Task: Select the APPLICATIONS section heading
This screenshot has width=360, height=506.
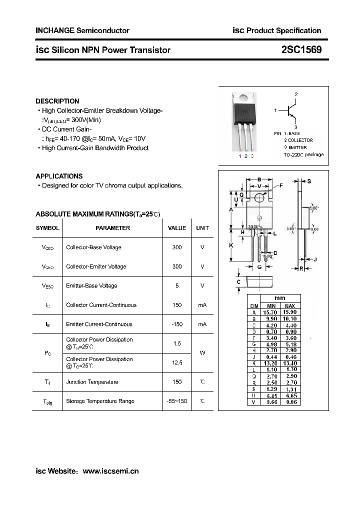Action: pyautogui.click(x=59, y=176)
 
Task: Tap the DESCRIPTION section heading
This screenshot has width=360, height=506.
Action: pyautogui.click(x=57, y=101)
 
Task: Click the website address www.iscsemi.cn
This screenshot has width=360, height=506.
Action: pyautogui.click(x=110, y=470)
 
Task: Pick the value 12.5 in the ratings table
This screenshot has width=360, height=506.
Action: pyautogui.click(x=176, y=362)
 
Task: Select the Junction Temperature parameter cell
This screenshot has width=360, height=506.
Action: pyautogui.click(x=92, y=382)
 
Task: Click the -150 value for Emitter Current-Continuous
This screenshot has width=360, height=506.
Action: pyautogui.click(x=176, y=324)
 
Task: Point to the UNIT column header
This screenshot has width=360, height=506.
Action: pyautogui.click(x=202, y=228)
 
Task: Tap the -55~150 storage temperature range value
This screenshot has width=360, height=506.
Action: pyautogui.click(x=176, y=401)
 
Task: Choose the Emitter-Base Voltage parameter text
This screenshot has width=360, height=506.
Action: pyautogui.click(x=91, y=285)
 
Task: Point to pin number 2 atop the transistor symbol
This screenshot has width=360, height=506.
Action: pyautogui.click(x=296, y=94)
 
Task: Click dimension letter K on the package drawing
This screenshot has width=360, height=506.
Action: pyautogui.click(x=231, y=245)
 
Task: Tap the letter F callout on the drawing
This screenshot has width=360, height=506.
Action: pyautogui.click(x=281, y=185)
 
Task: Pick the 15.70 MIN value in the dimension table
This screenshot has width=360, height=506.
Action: pyautogui.click(x=271, y=312)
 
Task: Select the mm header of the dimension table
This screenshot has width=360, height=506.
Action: pyautogui.click(x=280, y=298)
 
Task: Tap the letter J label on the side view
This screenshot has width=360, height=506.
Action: pyautogui.click(x=315, y=259)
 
